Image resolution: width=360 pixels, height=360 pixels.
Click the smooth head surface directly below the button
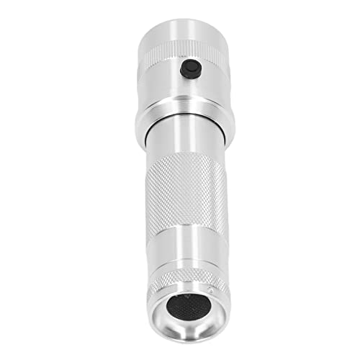point(189,90)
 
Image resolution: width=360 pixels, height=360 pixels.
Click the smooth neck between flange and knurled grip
point(186,148)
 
